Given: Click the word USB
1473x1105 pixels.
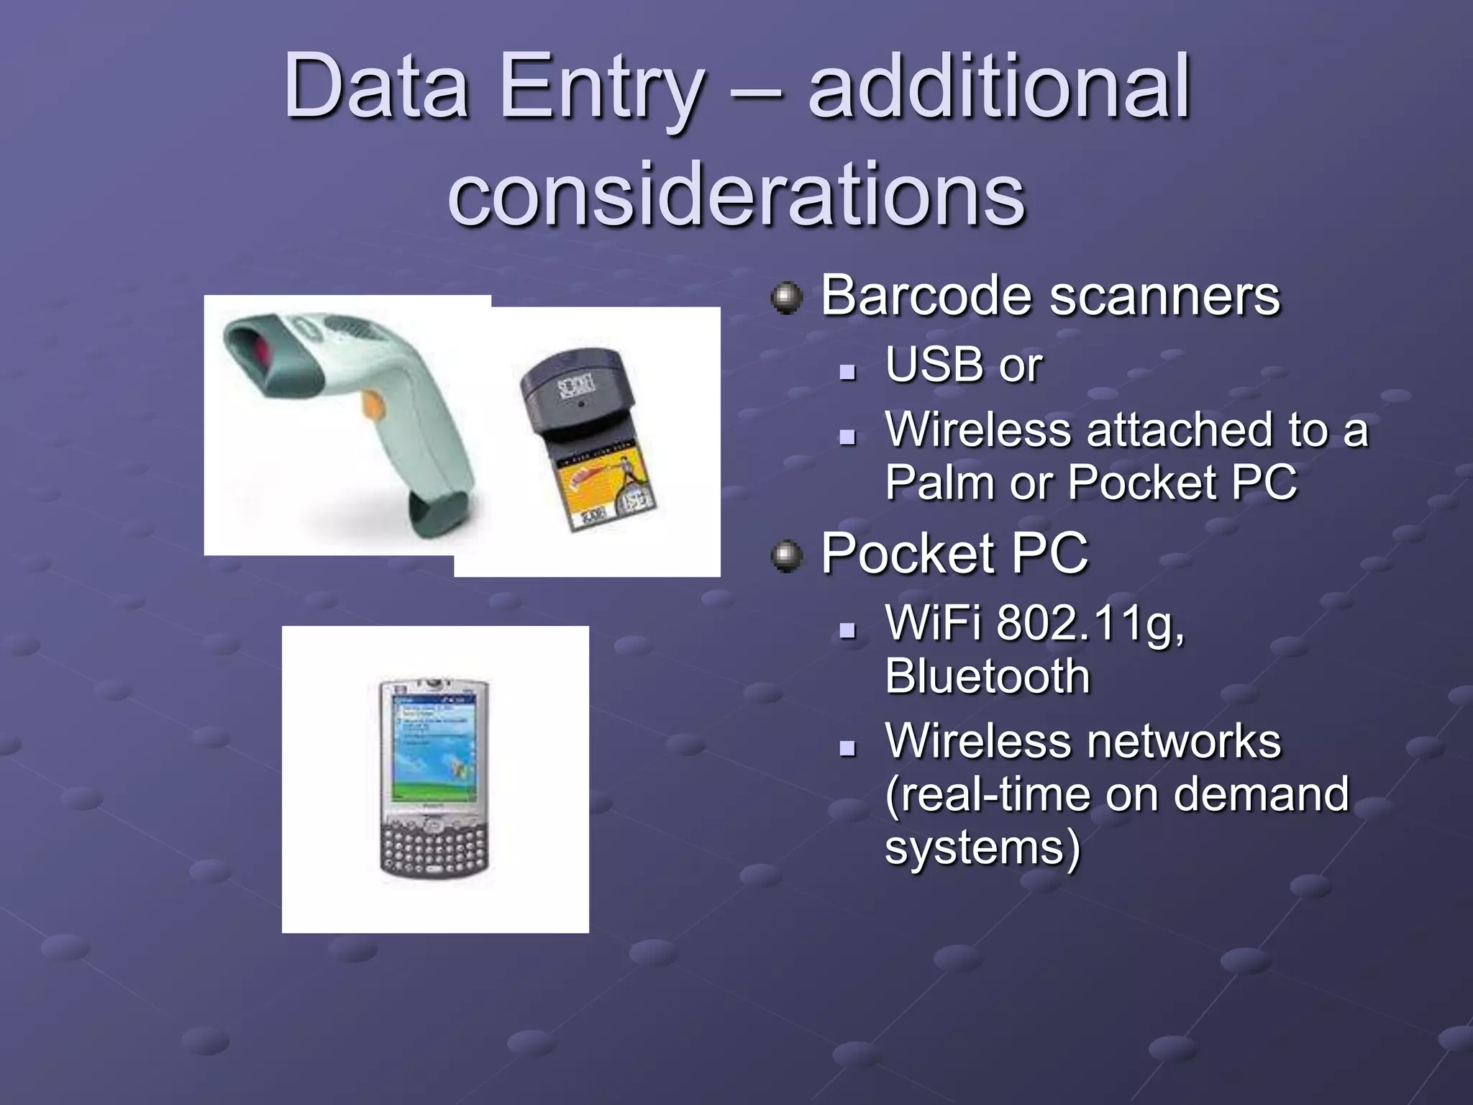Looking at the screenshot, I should (x=933, y=365).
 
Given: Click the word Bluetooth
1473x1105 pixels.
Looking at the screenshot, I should (x=987, y=676).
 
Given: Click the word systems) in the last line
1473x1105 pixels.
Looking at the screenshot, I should (x=982, y=847).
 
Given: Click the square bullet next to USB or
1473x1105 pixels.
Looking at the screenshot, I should (x=849, y=372).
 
